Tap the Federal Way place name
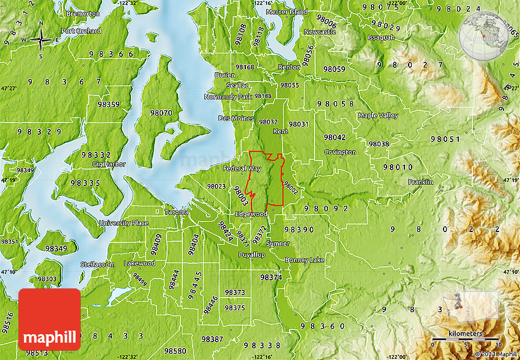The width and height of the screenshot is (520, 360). [x=242, y=168]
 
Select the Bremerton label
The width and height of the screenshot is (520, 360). [x=83, y=13]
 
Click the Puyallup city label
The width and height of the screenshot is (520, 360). [x=251, y=255]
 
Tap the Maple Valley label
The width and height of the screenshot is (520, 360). [x=377, y=116]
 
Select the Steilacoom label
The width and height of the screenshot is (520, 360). [x=97, y=264]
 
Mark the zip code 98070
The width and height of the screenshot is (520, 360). [x=161, y=113]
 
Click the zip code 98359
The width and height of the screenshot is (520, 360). [x=108, y=104]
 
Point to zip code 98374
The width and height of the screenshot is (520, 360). [x=271, y=277]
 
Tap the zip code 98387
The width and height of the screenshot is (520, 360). [x=212, y=339]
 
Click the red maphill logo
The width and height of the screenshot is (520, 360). [x=50, y=319]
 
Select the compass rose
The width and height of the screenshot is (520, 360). [x=41, y=40]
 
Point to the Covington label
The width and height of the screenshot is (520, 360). [x=340, y=152]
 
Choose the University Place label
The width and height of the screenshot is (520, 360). [x=123, y=223]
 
